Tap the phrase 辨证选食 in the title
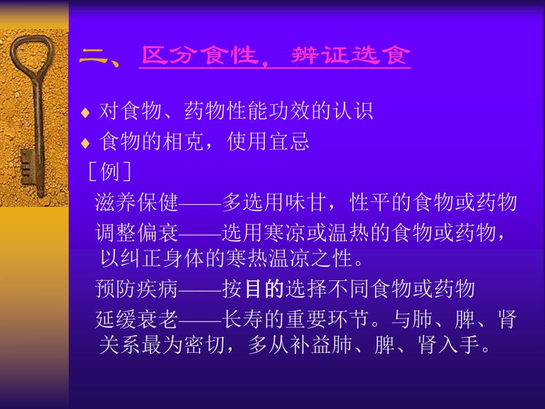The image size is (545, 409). tap(351, 56)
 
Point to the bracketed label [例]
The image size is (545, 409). tap(109, 172)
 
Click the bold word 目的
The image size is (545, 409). tap(264, 289)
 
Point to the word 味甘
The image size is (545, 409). tap(304, 203)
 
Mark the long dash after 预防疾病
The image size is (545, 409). tap(200, 289)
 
